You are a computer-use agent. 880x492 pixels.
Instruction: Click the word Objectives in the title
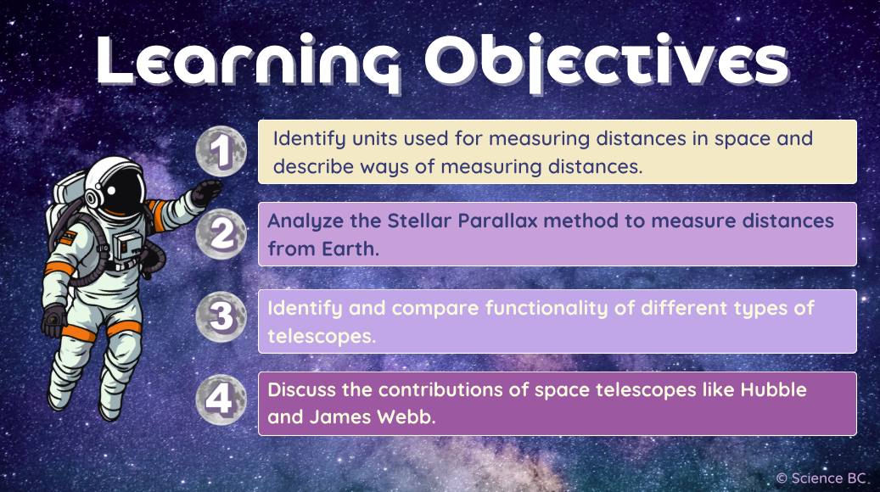(x=606, y=61)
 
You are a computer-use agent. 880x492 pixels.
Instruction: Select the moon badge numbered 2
(x=221, y=234)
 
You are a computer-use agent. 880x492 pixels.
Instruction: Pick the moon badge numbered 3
(x=221, y=316)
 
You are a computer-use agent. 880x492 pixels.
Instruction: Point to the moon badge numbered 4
(x=221, y=399)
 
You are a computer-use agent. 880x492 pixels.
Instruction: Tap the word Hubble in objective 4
(x=775, y=390)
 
